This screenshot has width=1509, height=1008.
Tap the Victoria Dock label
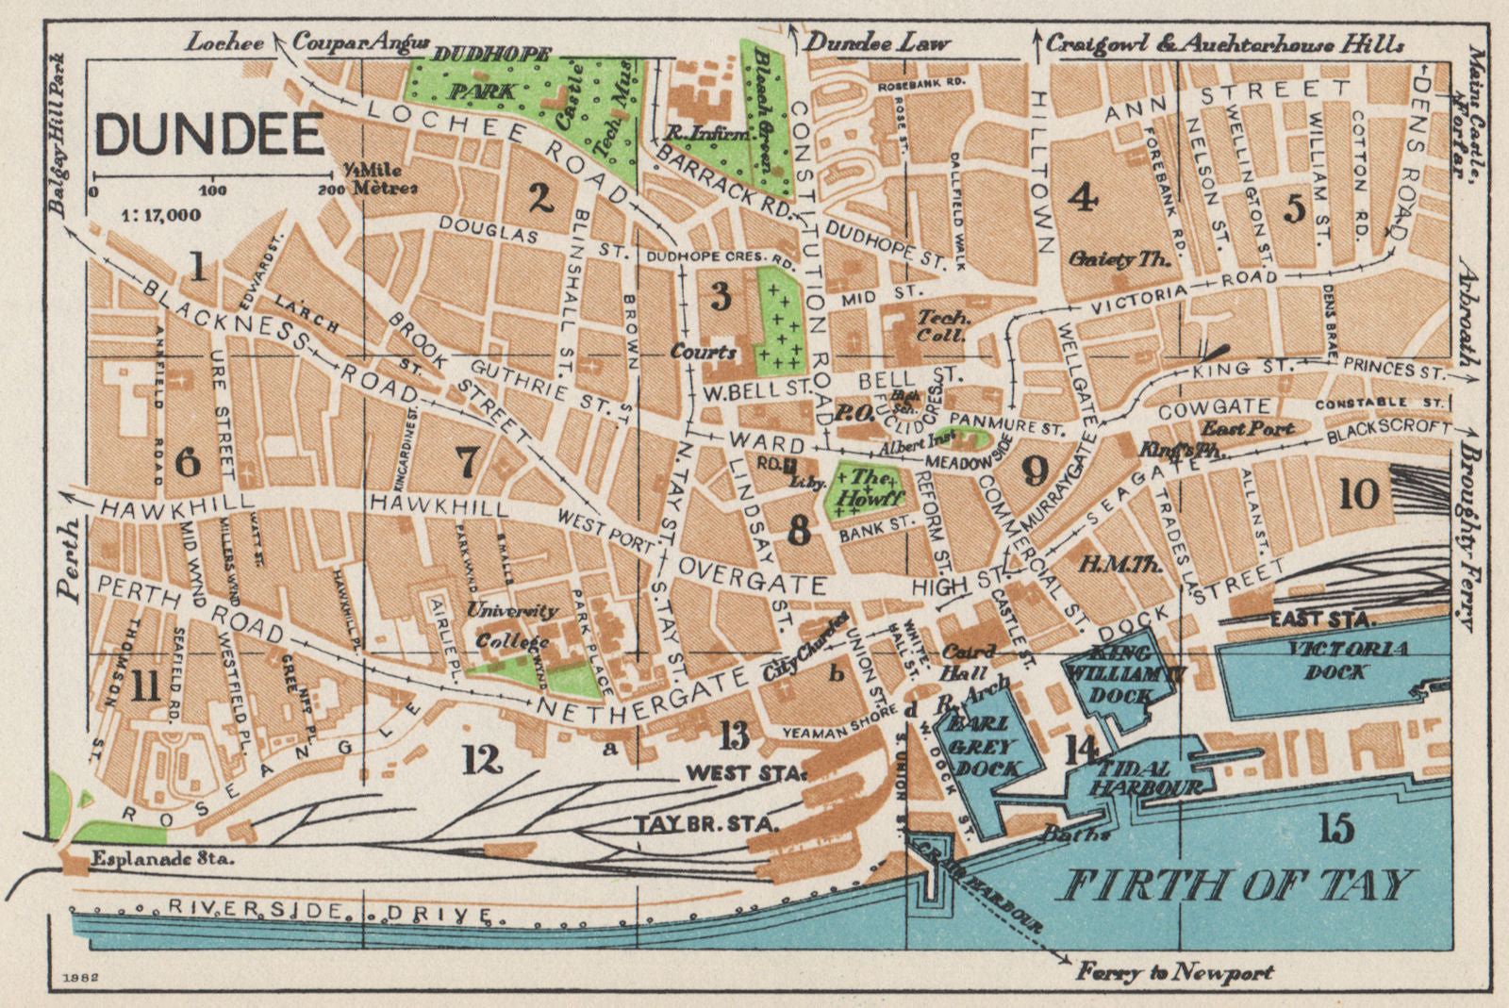1338,660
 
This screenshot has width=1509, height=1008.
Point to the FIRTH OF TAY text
1239,885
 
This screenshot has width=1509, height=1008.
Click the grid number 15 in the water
1336,828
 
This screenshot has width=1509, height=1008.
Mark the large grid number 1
197,269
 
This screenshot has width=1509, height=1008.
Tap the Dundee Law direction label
879,41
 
